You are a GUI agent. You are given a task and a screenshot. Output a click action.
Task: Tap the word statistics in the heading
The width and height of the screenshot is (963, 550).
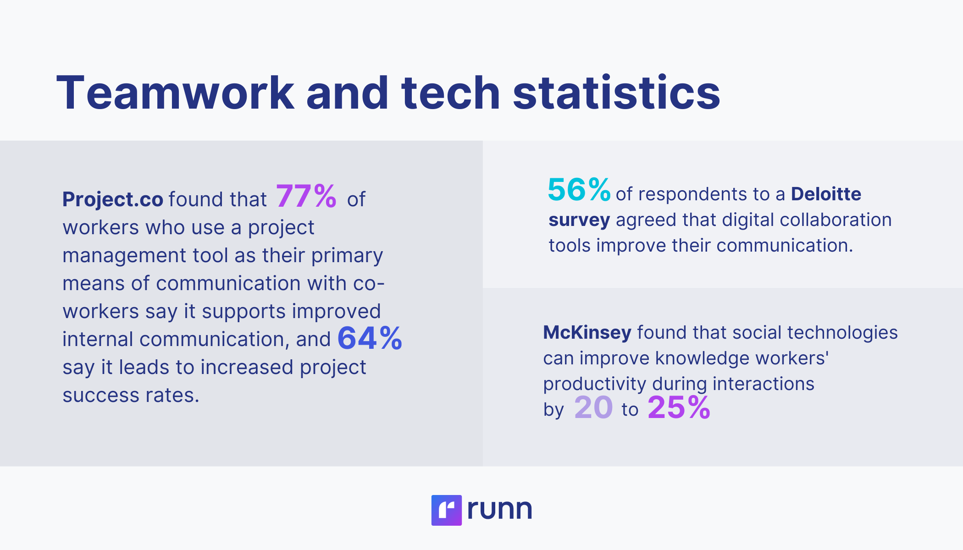click(x=616, y=93)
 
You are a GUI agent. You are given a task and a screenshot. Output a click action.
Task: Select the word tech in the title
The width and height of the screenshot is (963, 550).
click(x=450, y=93)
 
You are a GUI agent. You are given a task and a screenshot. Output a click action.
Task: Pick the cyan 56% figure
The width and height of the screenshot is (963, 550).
click(x=579, y=190)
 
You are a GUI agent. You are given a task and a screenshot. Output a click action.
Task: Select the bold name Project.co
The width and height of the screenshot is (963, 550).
click(x=113, y=199)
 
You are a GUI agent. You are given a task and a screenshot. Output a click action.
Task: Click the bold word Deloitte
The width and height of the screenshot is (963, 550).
click(x=826, y=194)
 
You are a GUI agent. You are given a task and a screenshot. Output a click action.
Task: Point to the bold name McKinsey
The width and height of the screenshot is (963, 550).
click(x=587, y=332)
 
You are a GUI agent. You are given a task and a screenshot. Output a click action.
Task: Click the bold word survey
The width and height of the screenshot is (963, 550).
click(x=579, y=220)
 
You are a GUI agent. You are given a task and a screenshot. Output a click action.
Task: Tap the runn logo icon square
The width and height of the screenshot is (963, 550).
click(x=446, y=510)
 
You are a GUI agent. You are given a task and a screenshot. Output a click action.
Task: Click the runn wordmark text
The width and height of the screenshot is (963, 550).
click(x=499, y=509)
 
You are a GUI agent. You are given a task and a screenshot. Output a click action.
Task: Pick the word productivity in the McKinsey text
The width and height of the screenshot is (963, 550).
click(x=594, y=384)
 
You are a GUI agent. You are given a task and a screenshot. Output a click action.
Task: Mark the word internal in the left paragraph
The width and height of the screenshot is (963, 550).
click(x=98, y=339)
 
